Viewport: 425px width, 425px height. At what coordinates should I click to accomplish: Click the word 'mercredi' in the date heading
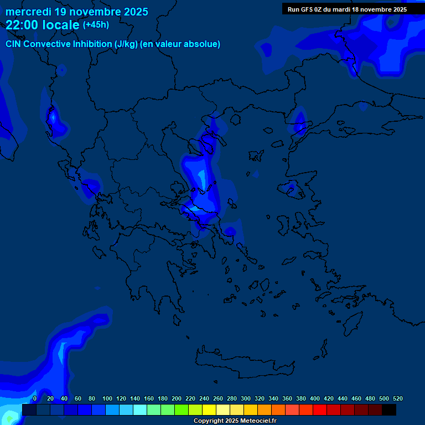click(x=28, y=12)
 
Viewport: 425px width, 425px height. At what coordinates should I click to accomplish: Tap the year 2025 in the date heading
click(x=135, y=12)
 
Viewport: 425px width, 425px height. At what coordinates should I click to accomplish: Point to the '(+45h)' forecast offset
click(x=96, y=25)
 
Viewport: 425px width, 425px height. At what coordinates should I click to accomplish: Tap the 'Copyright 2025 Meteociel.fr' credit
click(x=235, y=421)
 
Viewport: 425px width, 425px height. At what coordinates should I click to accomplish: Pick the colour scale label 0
click(x=35, y=398)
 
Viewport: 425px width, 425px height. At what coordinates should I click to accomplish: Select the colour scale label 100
click(x=107, y=398)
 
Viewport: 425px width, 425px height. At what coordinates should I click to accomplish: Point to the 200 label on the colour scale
click(x=177, y=398)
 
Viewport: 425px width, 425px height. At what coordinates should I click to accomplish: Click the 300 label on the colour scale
click(x=246, y=398)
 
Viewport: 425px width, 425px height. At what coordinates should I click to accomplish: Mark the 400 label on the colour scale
click(x=315, y=398)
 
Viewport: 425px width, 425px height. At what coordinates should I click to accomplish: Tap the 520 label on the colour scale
click(x=397, y=398)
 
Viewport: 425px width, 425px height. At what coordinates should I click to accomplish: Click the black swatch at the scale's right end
click(x=389, y=410)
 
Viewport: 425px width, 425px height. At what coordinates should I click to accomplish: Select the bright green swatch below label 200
click(x=182, y=410)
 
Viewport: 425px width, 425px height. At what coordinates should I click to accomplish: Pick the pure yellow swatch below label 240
click(x=209, y=410)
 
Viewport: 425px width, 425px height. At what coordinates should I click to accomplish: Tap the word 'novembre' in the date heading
click(x=89, y=12)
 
